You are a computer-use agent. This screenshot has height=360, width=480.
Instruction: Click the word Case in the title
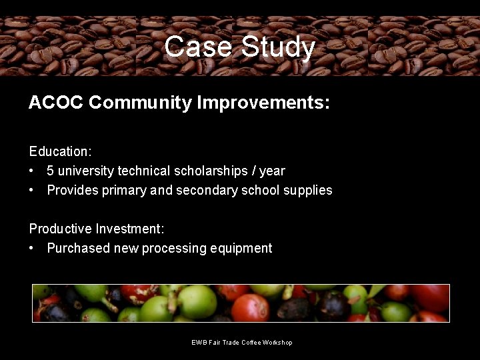pyautogui.click(x=199, y=47)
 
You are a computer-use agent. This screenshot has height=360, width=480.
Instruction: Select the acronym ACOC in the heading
pyautogui.click(x=55, y=103)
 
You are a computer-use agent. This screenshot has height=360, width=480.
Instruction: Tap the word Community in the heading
pyautogui.click(x=139, y=103)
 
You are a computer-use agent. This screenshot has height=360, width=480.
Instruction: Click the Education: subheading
pyautogui.click(x=60, y=151)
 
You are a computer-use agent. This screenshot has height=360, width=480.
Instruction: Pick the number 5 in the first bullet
pyautogui.click(x=51, y=171)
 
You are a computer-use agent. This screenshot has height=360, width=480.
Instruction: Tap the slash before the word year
pyautogui.click(x=253, y=171)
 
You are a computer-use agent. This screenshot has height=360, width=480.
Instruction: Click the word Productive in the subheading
pyautogui.click(x=60, y=229)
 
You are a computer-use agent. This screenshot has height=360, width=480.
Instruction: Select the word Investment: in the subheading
pyautogui.click(x=129, y=229)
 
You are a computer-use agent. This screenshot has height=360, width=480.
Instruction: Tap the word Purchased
pyautogui.click(x=78, y=249)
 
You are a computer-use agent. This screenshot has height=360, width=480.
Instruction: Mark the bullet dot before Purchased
pyautogui.click(x=32, y=249)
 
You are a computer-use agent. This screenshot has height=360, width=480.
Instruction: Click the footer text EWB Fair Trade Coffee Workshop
pyautogui.click(x=241, y=343)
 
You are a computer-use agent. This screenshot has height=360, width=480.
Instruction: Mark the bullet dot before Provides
pyautogui.click(x=32, y=191)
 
